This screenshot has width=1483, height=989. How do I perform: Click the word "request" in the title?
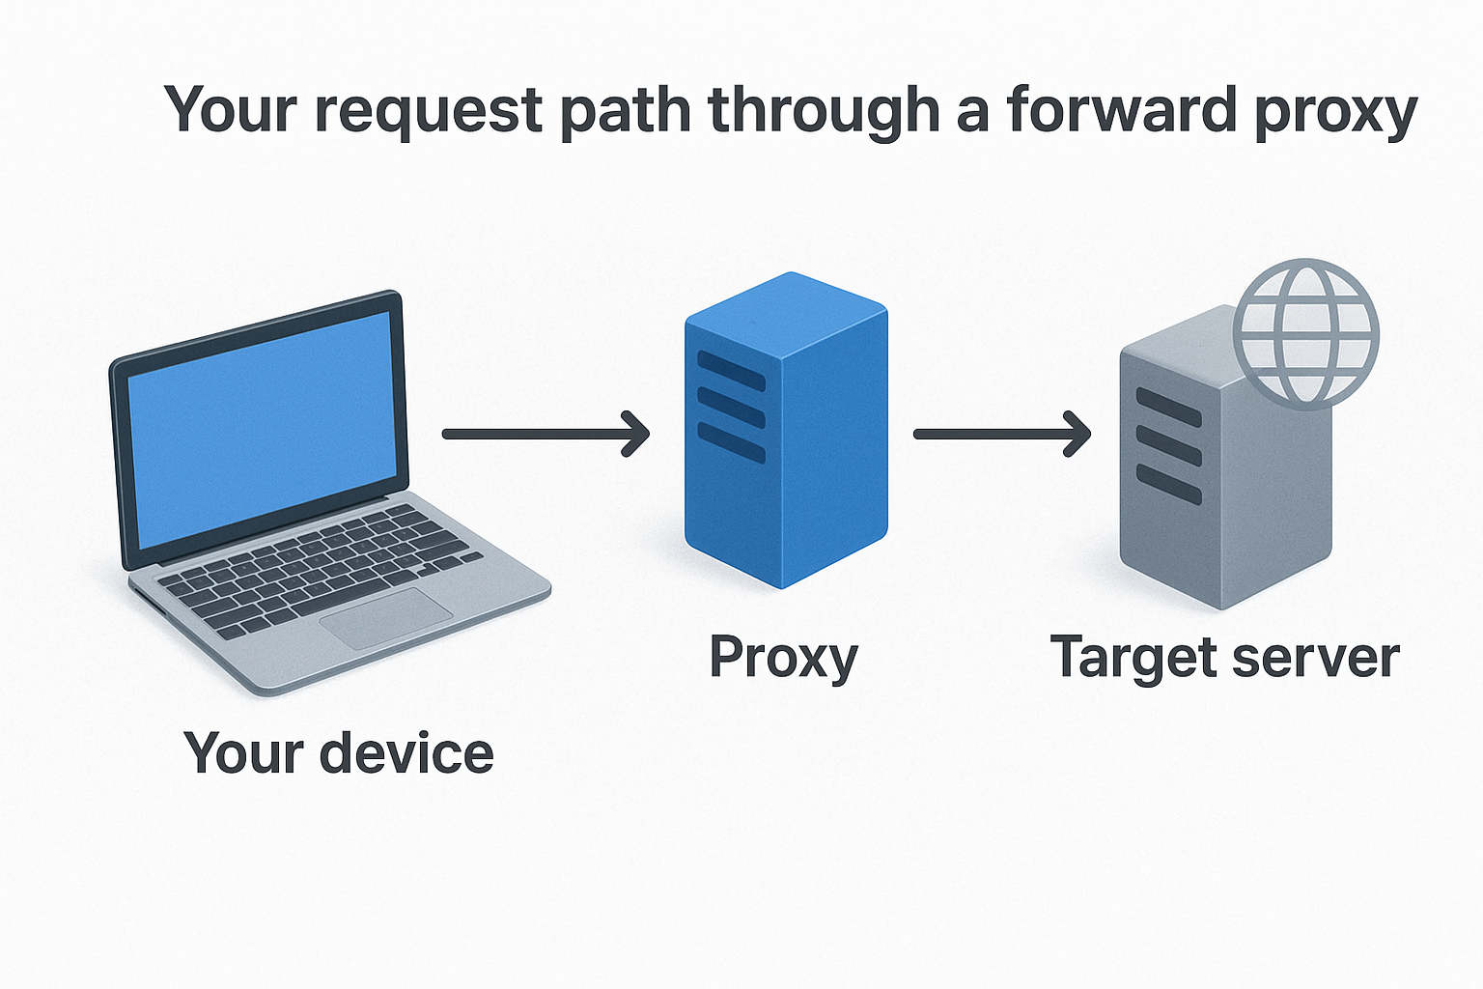(x=429, y=111)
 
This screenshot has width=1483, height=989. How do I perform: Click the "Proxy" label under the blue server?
(x=783, y=659)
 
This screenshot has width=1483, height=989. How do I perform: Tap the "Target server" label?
(x=1224, y=659)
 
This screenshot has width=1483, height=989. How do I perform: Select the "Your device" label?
(x=338, y=753)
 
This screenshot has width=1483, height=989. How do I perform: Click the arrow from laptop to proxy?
(x=546, y=434)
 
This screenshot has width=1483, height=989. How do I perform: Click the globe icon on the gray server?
(x=1306, y=333)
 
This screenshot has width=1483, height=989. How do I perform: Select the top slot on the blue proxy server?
(x=731, y=371)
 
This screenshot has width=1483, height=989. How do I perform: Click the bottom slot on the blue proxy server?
(x=731, y=442)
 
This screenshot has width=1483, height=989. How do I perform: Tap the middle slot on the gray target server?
(x=1168, y=445)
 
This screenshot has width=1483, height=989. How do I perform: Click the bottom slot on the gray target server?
(x=1168, y=484)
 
